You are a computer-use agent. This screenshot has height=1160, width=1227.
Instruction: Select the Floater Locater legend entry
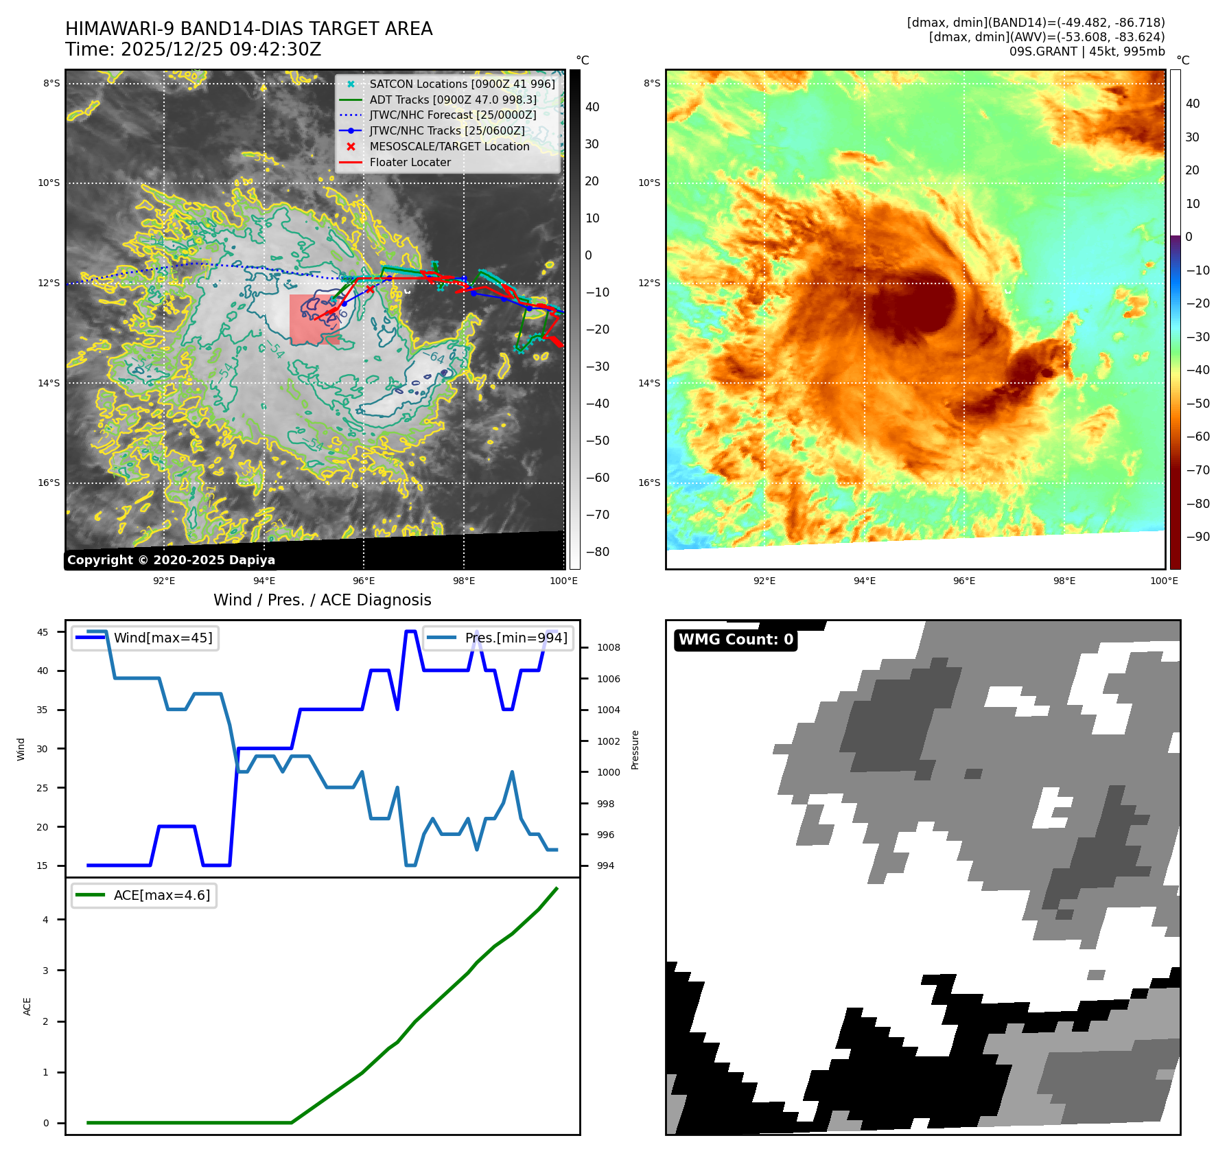pyautogui.click(x=410, y=163)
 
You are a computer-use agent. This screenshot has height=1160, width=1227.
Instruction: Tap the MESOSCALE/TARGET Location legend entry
pyautogui.click(x=449, y=147)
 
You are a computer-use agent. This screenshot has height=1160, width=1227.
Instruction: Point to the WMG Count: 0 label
pyautogui.click(x=736, y=640)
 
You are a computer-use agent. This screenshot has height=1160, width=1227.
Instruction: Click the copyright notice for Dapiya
pyautogui.click(x=171, y=560)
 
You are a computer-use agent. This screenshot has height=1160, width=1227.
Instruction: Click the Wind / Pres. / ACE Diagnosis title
pyautogui.click(x=322, y=600)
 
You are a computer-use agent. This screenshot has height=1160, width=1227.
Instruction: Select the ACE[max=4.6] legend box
pyautogui.click(x=144, y=895)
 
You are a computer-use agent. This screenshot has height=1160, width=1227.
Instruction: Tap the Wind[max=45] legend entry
pyautogui.click(x=145, y=638)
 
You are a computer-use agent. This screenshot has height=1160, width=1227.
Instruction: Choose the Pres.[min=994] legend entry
pyautogui.click(x=498, y=638)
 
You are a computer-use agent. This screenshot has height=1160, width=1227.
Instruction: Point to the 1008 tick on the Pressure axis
pyautogui.click(x=608, y=647)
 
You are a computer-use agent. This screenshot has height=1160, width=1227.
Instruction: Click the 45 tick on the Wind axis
pyautogui.click(x=43, y=632)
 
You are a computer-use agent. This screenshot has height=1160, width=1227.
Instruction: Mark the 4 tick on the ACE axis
pyautogui.click(x=46, y=920)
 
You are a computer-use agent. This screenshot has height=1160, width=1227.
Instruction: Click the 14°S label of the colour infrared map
pyautogui.click(x=649, y=383)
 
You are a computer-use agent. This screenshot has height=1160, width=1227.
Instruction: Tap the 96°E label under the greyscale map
pyautogui.click(x=364, y=581)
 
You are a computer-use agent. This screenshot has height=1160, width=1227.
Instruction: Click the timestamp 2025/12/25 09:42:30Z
pyautogui.click(x=221, y=50)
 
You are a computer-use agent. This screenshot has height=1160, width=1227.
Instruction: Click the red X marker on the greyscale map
pyautogui.click(x=370, y=289)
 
